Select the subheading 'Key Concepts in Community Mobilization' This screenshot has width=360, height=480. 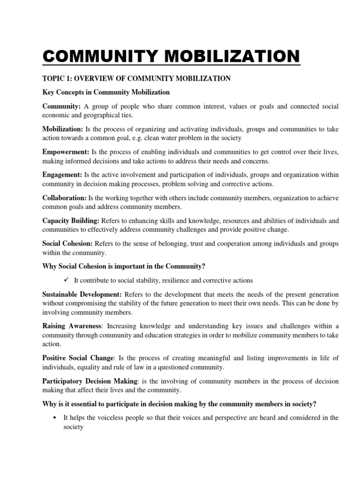click(x=106, y=92)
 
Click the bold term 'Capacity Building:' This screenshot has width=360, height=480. click(x=71, y=220)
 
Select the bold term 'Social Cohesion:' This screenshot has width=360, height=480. click(x=67, y=243)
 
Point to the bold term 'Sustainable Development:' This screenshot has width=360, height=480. click(x=82, y=294)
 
